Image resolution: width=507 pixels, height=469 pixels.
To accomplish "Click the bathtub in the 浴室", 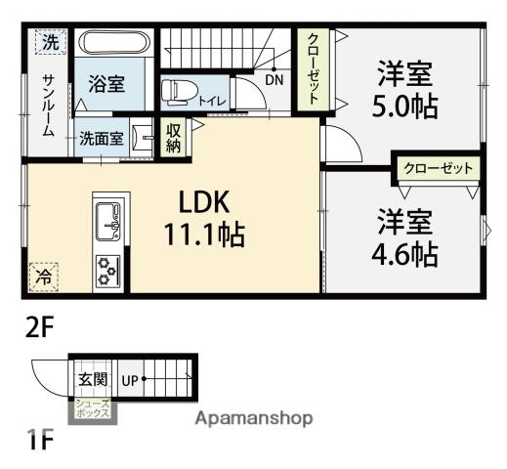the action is point(114,42).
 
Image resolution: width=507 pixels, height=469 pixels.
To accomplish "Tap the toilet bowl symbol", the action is point(180,92).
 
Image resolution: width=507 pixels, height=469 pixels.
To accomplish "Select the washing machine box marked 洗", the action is point(51,42).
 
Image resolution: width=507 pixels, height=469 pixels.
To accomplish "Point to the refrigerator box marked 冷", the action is point(43,277).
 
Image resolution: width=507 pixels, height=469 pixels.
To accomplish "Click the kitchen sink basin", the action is point(107,221).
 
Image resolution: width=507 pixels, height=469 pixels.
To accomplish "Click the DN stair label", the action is point(275,80).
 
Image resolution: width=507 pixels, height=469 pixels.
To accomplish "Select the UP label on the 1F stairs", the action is point(130,380).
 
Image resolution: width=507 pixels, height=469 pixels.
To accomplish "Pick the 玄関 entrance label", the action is point(93,379).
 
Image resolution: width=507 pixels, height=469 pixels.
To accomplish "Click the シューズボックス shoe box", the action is point(92,408).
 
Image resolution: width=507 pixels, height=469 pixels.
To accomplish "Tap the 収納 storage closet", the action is point(173,139).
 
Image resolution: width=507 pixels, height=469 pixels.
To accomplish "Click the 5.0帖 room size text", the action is point(404,107).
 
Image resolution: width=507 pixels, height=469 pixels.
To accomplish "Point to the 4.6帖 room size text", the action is point(404,253).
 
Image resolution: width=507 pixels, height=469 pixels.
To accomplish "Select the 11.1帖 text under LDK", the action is point(204,234).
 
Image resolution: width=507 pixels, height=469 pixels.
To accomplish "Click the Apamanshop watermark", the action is point(254,418).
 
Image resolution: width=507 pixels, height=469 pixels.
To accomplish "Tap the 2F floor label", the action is point(39,328).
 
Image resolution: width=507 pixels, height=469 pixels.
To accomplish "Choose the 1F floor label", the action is point(40,439).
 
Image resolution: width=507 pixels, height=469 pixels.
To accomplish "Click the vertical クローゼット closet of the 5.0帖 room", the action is point(313,69).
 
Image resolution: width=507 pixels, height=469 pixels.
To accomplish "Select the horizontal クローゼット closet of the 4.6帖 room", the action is point(438,169).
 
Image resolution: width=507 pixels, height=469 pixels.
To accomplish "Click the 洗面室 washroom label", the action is point(102,139).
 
